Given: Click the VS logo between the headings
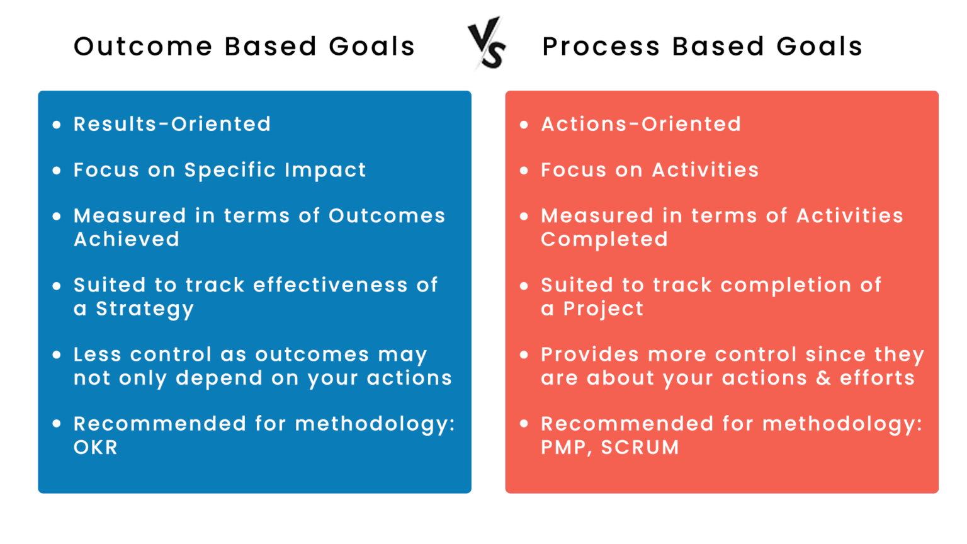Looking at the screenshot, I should click(487, 43).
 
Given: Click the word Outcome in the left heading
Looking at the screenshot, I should click(143, 47).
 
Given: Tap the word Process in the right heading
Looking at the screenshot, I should click(601, 47).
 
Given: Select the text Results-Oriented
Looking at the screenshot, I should click(172, 124).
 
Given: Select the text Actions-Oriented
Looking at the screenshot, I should click(641, 124).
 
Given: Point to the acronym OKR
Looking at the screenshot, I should click(96, 448).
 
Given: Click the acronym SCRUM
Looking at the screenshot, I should click(640, 448).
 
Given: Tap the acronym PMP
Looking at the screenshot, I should click(564, 448).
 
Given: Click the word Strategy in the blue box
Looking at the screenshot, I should click(145, 309).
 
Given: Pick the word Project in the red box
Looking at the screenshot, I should click(603, 309).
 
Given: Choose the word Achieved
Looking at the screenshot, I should click(127, 240).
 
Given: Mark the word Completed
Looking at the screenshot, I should click(604, 240).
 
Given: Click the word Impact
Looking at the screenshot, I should click(325, 170).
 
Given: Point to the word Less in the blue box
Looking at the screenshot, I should click(97, 354).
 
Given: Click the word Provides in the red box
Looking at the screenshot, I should click(590, 354).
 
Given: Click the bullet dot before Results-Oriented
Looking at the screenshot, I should click(57, 125).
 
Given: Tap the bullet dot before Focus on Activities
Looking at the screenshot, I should click(524, 171).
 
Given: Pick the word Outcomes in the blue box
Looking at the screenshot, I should click(387, 216).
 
